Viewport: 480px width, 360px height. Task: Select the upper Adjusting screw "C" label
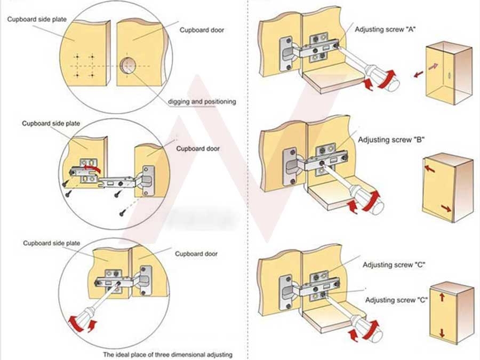click(394, 265)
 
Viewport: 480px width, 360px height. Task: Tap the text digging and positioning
click(202, 101)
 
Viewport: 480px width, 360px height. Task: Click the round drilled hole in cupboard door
click(127, 66)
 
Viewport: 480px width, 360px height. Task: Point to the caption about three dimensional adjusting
click(167, 354)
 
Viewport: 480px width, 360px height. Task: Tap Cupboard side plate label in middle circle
click(51, 123)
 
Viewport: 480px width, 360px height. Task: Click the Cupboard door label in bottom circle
click(196, 254)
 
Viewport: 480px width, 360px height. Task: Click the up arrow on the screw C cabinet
click(442, 298)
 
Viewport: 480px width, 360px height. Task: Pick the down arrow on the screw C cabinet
click(442, 333)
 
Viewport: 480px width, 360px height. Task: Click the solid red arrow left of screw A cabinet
click(419, 74)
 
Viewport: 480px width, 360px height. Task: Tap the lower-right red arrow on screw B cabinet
click(445, 209)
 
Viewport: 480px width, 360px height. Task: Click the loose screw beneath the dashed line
click(123, 212)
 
